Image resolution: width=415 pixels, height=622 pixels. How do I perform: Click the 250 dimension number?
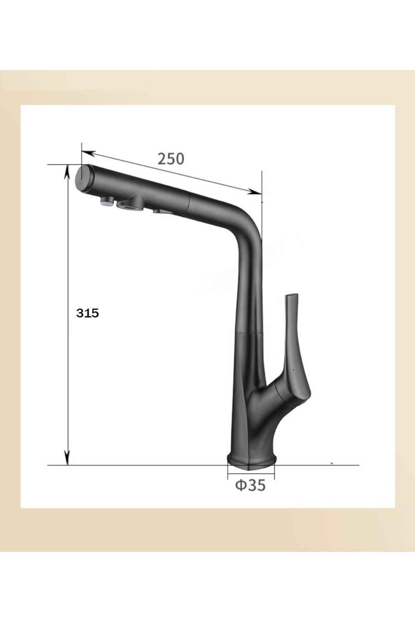(171, 159)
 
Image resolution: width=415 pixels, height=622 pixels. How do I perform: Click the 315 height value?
(88, 313)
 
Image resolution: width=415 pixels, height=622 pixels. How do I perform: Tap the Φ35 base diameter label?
(250, 486)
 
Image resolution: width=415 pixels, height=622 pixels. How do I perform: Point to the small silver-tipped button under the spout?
(108, 201)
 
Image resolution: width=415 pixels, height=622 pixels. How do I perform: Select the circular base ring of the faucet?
(251, 462)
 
